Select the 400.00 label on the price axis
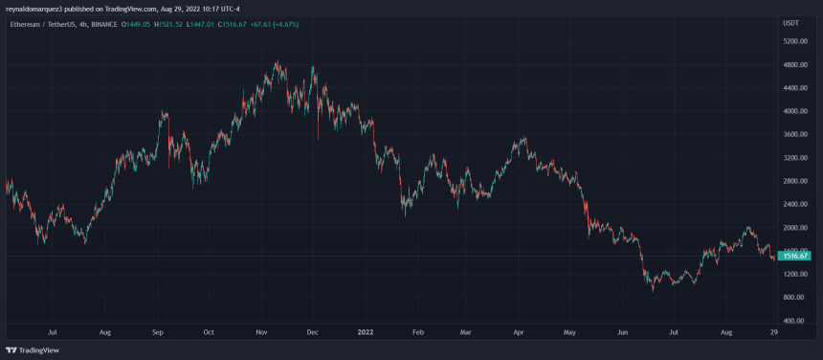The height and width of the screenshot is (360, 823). [795, 321]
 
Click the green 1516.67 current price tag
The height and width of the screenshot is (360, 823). [796, 256]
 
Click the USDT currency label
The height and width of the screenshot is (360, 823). [790, 22]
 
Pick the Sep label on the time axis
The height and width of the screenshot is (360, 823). [158, 333]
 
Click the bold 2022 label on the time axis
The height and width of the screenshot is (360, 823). [365, 333]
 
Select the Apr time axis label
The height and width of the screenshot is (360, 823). [518, 333]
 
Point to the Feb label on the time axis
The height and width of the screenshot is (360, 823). [416, 333]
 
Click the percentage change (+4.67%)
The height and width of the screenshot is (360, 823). [284, 23]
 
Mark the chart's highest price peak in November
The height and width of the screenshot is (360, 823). [277, 63]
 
